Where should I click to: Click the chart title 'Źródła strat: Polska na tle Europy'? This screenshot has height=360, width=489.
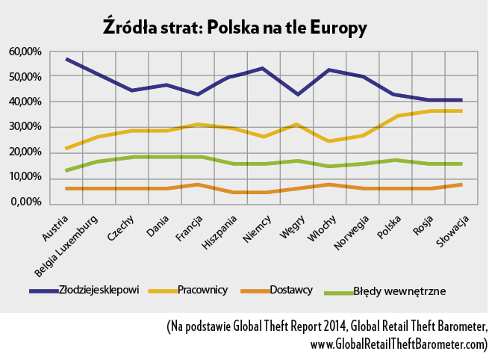tap(235, 28)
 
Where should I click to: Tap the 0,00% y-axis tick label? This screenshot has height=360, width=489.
tap(26, 202)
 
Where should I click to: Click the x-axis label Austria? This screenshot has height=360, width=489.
tap(54, 227)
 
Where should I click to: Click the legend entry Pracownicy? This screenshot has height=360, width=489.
tap(202, 290)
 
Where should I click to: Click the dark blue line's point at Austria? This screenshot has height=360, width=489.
tap(66, 59)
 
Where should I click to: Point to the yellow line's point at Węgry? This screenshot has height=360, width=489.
tap(297, 125)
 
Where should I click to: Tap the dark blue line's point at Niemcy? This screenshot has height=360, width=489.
tap(263, 69)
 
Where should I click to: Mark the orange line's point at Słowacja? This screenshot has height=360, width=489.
tap(461, 184)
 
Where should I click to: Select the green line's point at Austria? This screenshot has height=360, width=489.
tap(66, 170)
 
